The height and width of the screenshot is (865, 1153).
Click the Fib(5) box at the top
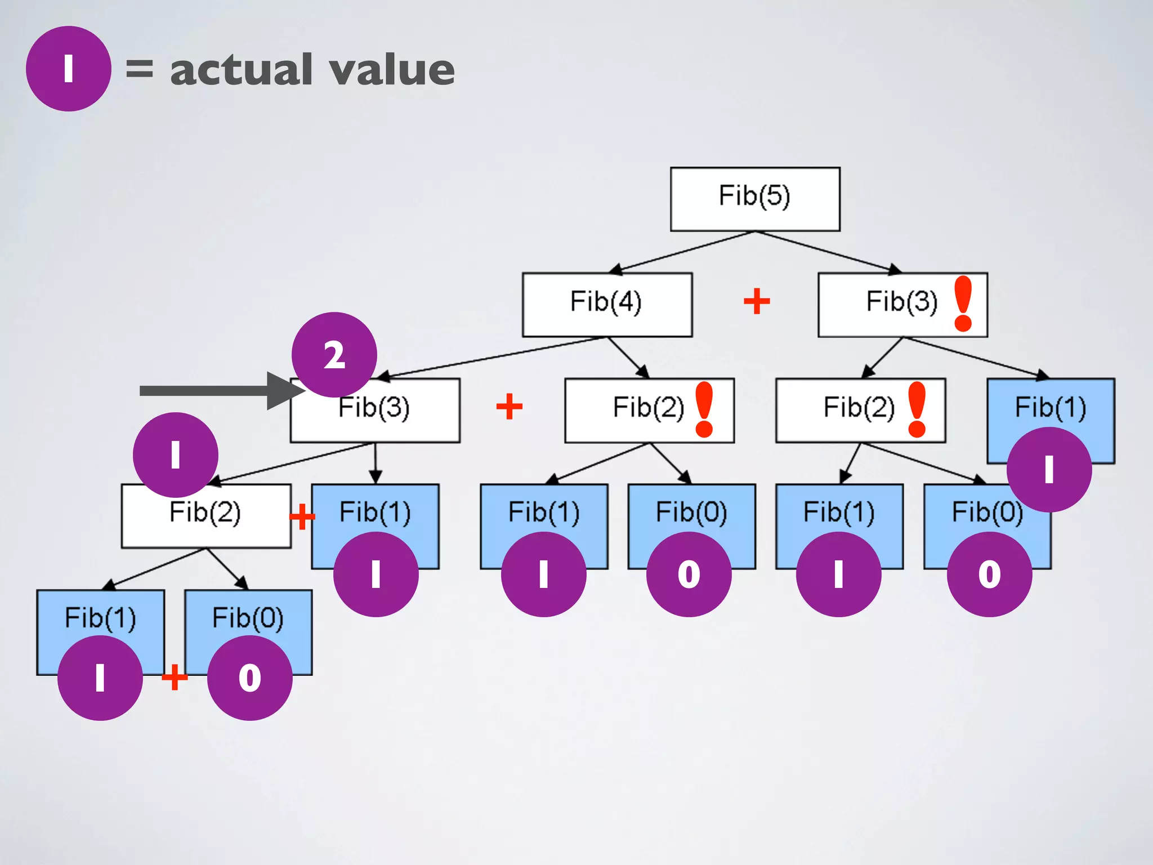click(755, 199)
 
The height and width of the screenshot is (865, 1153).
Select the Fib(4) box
click(607, 305)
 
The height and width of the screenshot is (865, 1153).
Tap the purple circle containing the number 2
click(334, 355)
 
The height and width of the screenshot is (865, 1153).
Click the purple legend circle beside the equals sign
click(68, 69)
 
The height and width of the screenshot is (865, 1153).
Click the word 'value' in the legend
click(392, 70)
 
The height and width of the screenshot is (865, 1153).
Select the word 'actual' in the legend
click(242, 70)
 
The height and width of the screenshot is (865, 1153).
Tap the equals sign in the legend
click(139, 69)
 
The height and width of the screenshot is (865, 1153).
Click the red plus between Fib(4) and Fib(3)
click(757, 301)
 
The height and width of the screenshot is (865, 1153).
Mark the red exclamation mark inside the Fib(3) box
click(963, 303)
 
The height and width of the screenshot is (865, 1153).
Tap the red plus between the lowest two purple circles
click(175, 677)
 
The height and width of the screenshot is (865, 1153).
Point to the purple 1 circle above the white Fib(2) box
click(175, 454)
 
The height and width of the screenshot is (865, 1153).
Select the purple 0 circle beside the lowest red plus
click(249, 677)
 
